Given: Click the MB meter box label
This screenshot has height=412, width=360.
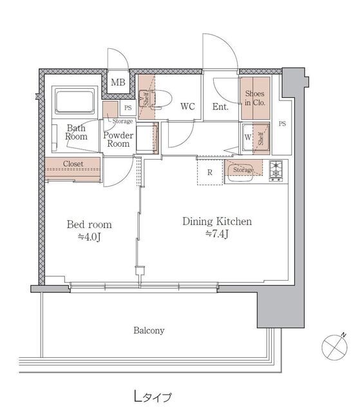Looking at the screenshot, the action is click(x=118, y=82).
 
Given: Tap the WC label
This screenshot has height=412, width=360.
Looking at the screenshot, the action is click(x=187, y=106).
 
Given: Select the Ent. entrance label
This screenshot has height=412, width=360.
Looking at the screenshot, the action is click(x=220, y=106).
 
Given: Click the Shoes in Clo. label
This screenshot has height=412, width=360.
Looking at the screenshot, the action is click(x=254, y=98).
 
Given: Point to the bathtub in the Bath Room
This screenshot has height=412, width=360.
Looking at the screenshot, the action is click(x=75, y=102).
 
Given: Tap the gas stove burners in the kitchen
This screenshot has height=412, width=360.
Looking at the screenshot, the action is click(x=276, y=170).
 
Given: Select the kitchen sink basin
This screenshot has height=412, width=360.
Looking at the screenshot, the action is click(x=240, y=174).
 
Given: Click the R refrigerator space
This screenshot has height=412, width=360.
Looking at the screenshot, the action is click(x=210, y=173).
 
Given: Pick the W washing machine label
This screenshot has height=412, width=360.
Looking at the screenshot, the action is click(x=248, y=137).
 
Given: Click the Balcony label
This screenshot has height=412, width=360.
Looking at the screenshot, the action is click(x=149, y=330).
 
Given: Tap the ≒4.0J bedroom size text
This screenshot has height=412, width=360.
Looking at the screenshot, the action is click(x=90, y=237).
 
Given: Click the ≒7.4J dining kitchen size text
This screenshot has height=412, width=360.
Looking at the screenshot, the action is click(x=217, y=234).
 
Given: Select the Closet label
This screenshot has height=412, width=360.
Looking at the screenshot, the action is click(x=73, y=164).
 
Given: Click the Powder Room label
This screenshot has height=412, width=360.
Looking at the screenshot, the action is click(x=118, y=140).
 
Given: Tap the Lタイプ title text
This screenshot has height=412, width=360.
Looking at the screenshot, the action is click(x=153, y=397).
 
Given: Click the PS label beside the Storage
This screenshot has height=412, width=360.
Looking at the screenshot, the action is click(x=128, y=108).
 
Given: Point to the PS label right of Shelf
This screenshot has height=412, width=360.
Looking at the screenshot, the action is click(x=282, y=124).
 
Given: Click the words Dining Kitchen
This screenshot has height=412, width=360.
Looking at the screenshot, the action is click(x=217, y=221).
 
